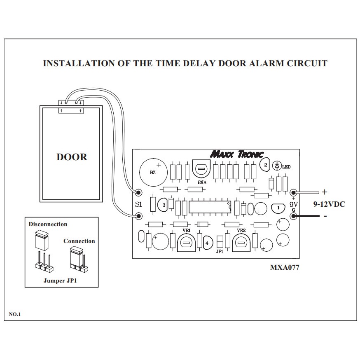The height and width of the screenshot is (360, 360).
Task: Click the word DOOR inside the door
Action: pyautogui.click(x=72, y=157)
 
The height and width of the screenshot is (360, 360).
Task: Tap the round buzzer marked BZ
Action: pyautogui.click(x=153, y=172)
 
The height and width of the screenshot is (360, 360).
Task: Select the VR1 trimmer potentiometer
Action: pyautogui.click(x=186, y=243)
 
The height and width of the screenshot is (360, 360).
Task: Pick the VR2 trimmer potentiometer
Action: pyautogui.click(x=241, y=243)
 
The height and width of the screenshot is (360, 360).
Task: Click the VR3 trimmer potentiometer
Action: pyautogui.click(x=201, y=169)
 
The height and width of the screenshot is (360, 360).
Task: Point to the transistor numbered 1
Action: pyautogui.click(x=278, y=208)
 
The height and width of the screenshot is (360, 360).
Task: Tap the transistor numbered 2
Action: pyautogui.click(x=265, y=165)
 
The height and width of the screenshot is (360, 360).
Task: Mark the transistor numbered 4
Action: pyautogui.click(x=207, y=243)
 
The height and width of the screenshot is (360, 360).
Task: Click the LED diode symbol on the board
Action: pyautogui.click(x=277, y=166)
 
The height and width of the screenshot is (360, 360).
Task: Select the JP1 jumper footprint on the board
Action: pyautogui.click(x=220, y=242)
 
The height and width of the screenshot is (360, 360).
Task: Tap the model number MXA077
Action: pyautogui.click(x=285, y=267)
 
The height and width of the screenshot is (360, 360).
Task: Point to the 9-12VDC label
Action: pyautogui.click(x=329, y=204)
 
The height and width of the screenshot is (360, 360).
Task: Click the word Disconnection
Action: pyautogui.click(x=48, y=224)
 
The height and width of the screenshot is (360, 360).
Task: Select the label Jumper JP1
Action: pyautogui.click(x=60, y=281)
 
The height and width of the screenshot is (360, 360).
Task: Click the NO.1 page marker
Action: pyautogui.click(x=15, y=314)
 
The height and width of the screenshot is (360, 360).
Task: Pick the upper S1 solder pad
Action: pyautogui.click(x=138, y=192)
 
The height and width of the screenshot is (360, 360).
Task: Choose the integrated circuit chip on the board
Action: pyautogui.click(x=210, y=207)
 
